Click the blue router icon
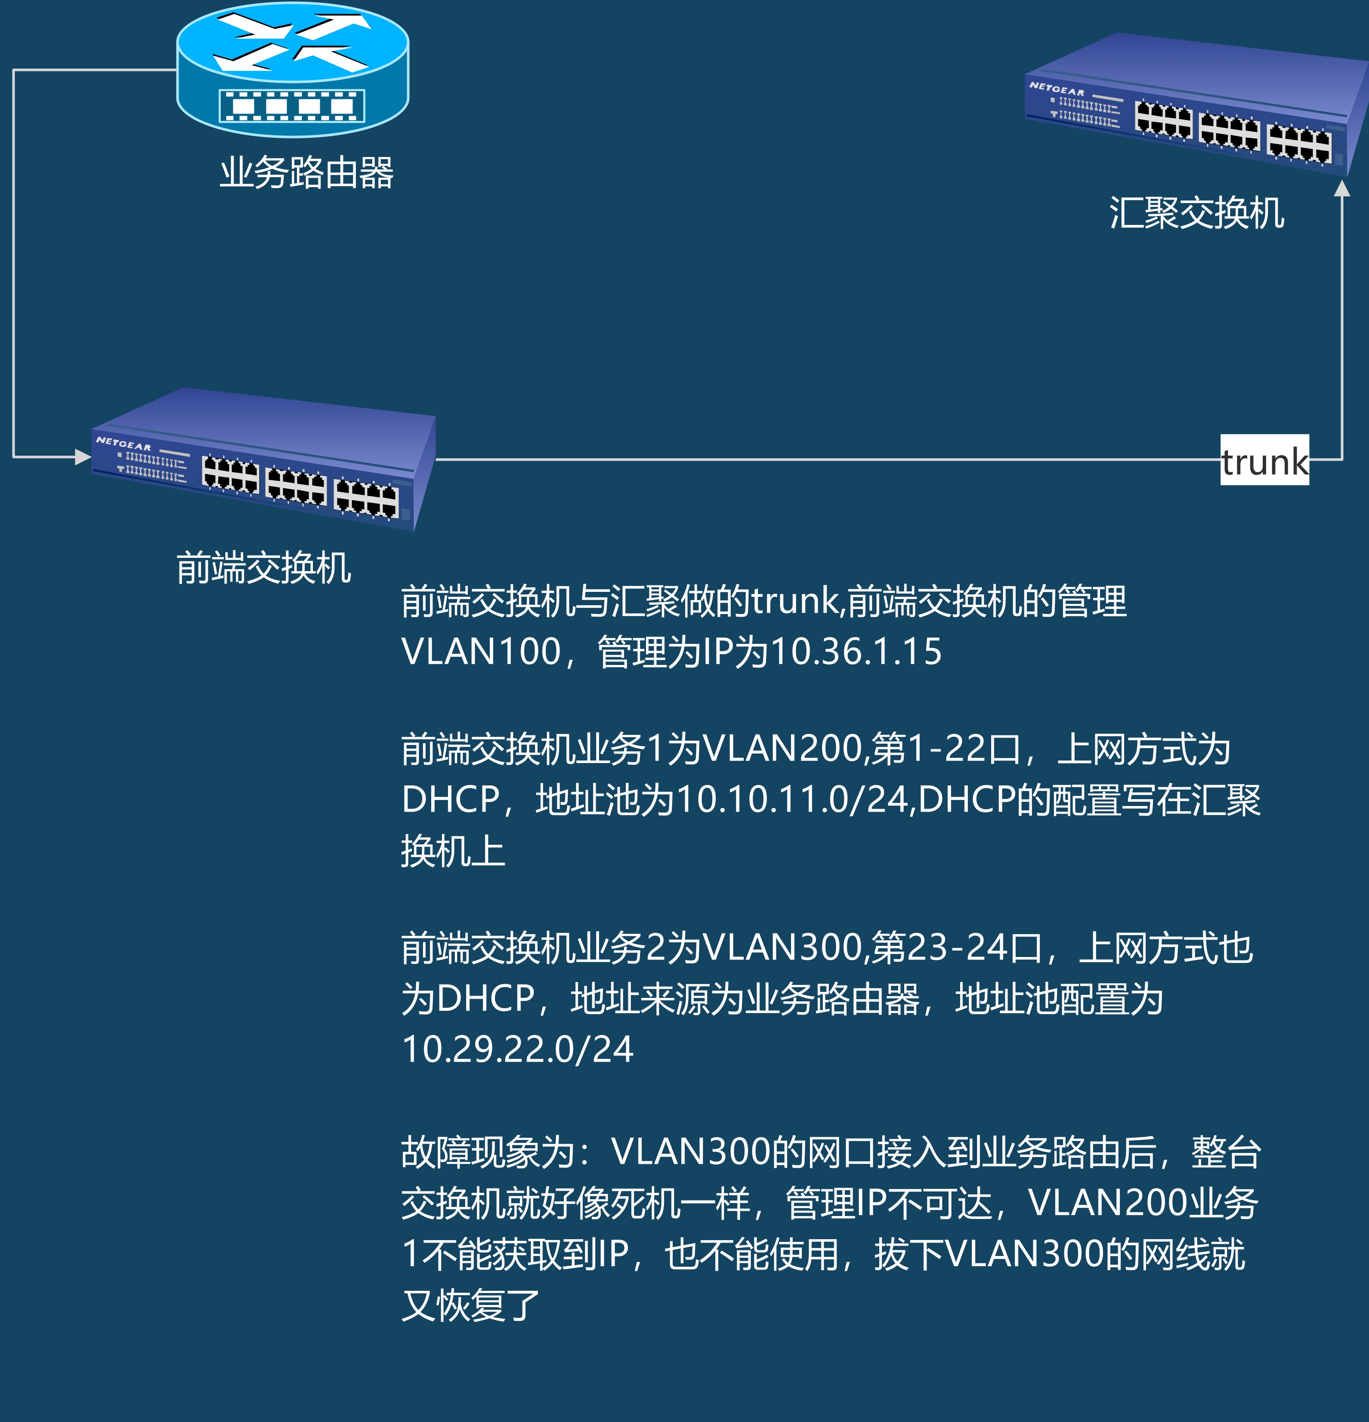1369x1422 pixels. click(293, 69)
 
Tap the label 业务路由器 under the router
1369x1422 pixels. click(306, 172)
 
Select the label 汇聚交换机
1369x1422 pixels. click(1196, 213)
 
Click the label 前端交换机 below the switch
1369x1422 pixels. click(263, 567)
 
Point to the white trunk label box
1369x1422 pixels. click(1264, 460)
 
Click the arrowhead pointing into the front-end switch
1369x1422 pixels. click(82, 456)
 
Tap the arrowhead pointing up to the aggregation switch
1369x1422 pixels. click(1342, 189)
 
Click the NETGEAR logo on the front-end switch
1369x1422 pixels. click(124, 443)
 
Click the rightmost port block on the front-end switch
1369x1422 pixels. click(366, 498)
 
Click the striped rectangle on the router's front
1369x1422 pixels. click(292, 106)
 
